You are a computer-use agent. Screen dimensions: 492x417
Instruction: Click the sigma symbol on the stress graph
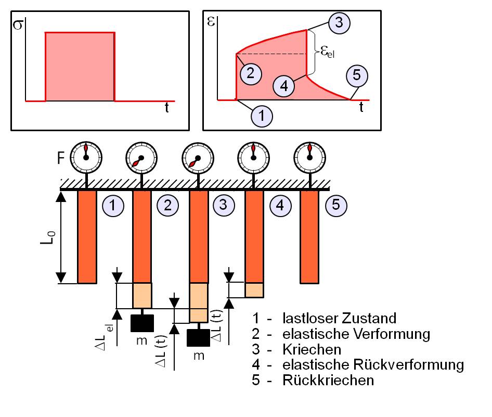[18, 24]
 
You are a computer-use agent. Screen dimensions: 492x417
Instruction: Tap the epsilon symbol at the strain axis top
[211, 21]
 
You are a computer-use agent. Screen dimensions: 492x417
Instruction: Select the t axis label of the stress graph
[166, 107]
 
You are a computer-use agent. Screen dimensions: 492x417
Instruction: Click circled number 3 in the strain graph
[339, 23]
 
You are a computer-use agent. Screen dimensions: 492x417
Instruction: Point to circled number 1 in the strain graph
[262, 116]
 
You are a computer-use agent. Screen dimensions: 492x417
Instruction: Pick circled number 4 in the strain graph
[283, 86]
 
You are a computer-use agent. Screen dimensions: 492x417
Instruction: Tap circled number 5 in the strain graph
[357, 75]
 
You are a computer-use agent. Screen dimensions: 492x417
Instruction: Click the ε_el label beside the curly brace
[328, 52]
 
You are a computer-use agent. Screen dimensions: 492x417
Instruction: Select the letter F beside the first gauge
[61, 158]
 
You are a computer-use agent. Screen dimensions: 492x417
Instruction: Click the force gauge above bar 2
[141, 157]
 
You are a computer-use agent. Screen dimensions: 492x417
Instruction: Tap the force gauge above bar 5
[309, 157]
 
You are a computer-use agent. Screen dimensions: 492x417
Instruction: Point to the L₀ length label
[48, 237]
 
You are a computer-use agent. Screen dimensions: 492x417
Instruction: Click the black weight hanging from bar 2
[142, 323]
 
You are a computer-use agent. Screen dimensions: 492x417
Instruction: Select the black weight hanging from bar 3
[198, 338]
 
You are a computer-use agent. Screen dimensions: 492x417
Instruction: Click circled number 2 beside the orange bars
[168, 206]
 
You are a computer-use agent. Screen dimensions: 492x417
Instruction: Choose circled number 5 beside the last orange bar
[336, 205]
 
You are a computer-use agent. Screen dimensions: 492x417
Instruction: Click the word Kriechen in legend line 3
[312, 349]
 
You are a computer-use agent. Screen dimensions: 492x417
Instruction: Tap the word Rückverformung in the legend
[409, 365]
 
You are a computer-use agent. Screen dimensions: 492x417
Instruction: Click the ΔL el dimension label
[105, 337]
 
